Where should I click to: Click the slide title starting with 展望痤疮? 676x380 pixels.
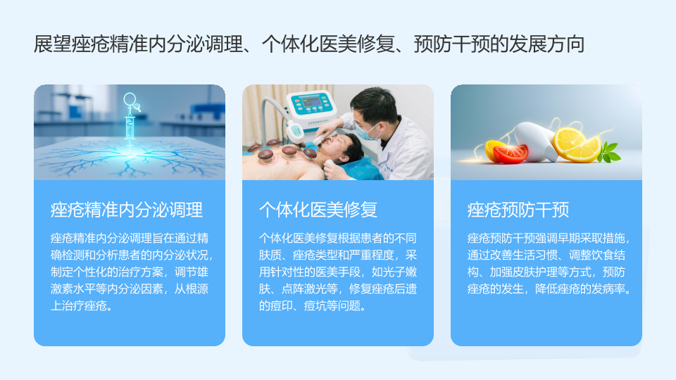pos(308,44)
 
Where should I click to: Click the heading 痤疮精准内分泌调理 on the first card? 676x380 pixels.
pos(126,210)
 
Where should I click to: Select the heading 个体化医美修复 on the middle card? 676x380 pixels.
pos(318,210)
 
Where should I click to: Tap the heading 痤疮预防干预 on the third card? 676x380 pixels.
pos(518,210)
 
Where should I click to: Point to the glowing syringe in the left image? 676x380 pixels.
pos(130,122)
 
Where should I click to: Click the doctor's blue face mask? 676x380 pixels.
pos(368,132)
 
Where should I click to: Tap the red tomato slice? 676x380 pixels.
pos(511,154)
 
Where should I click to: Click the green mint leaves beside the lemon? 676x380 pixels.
pos(608,152)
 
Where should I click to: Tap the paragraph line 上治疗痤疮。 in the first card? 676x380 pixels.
pos(82,306)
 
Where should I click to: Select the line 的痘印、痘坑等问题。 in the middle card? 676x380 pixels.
pos(313,306)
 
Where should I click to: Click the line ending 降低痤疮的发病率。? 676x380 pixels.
pos(549,289)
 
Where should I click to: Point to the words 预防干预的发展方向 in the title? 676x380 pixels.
pos(499,44)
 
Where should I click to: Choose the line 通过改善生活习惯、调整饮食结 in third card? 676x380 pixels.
pos(546,255)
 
